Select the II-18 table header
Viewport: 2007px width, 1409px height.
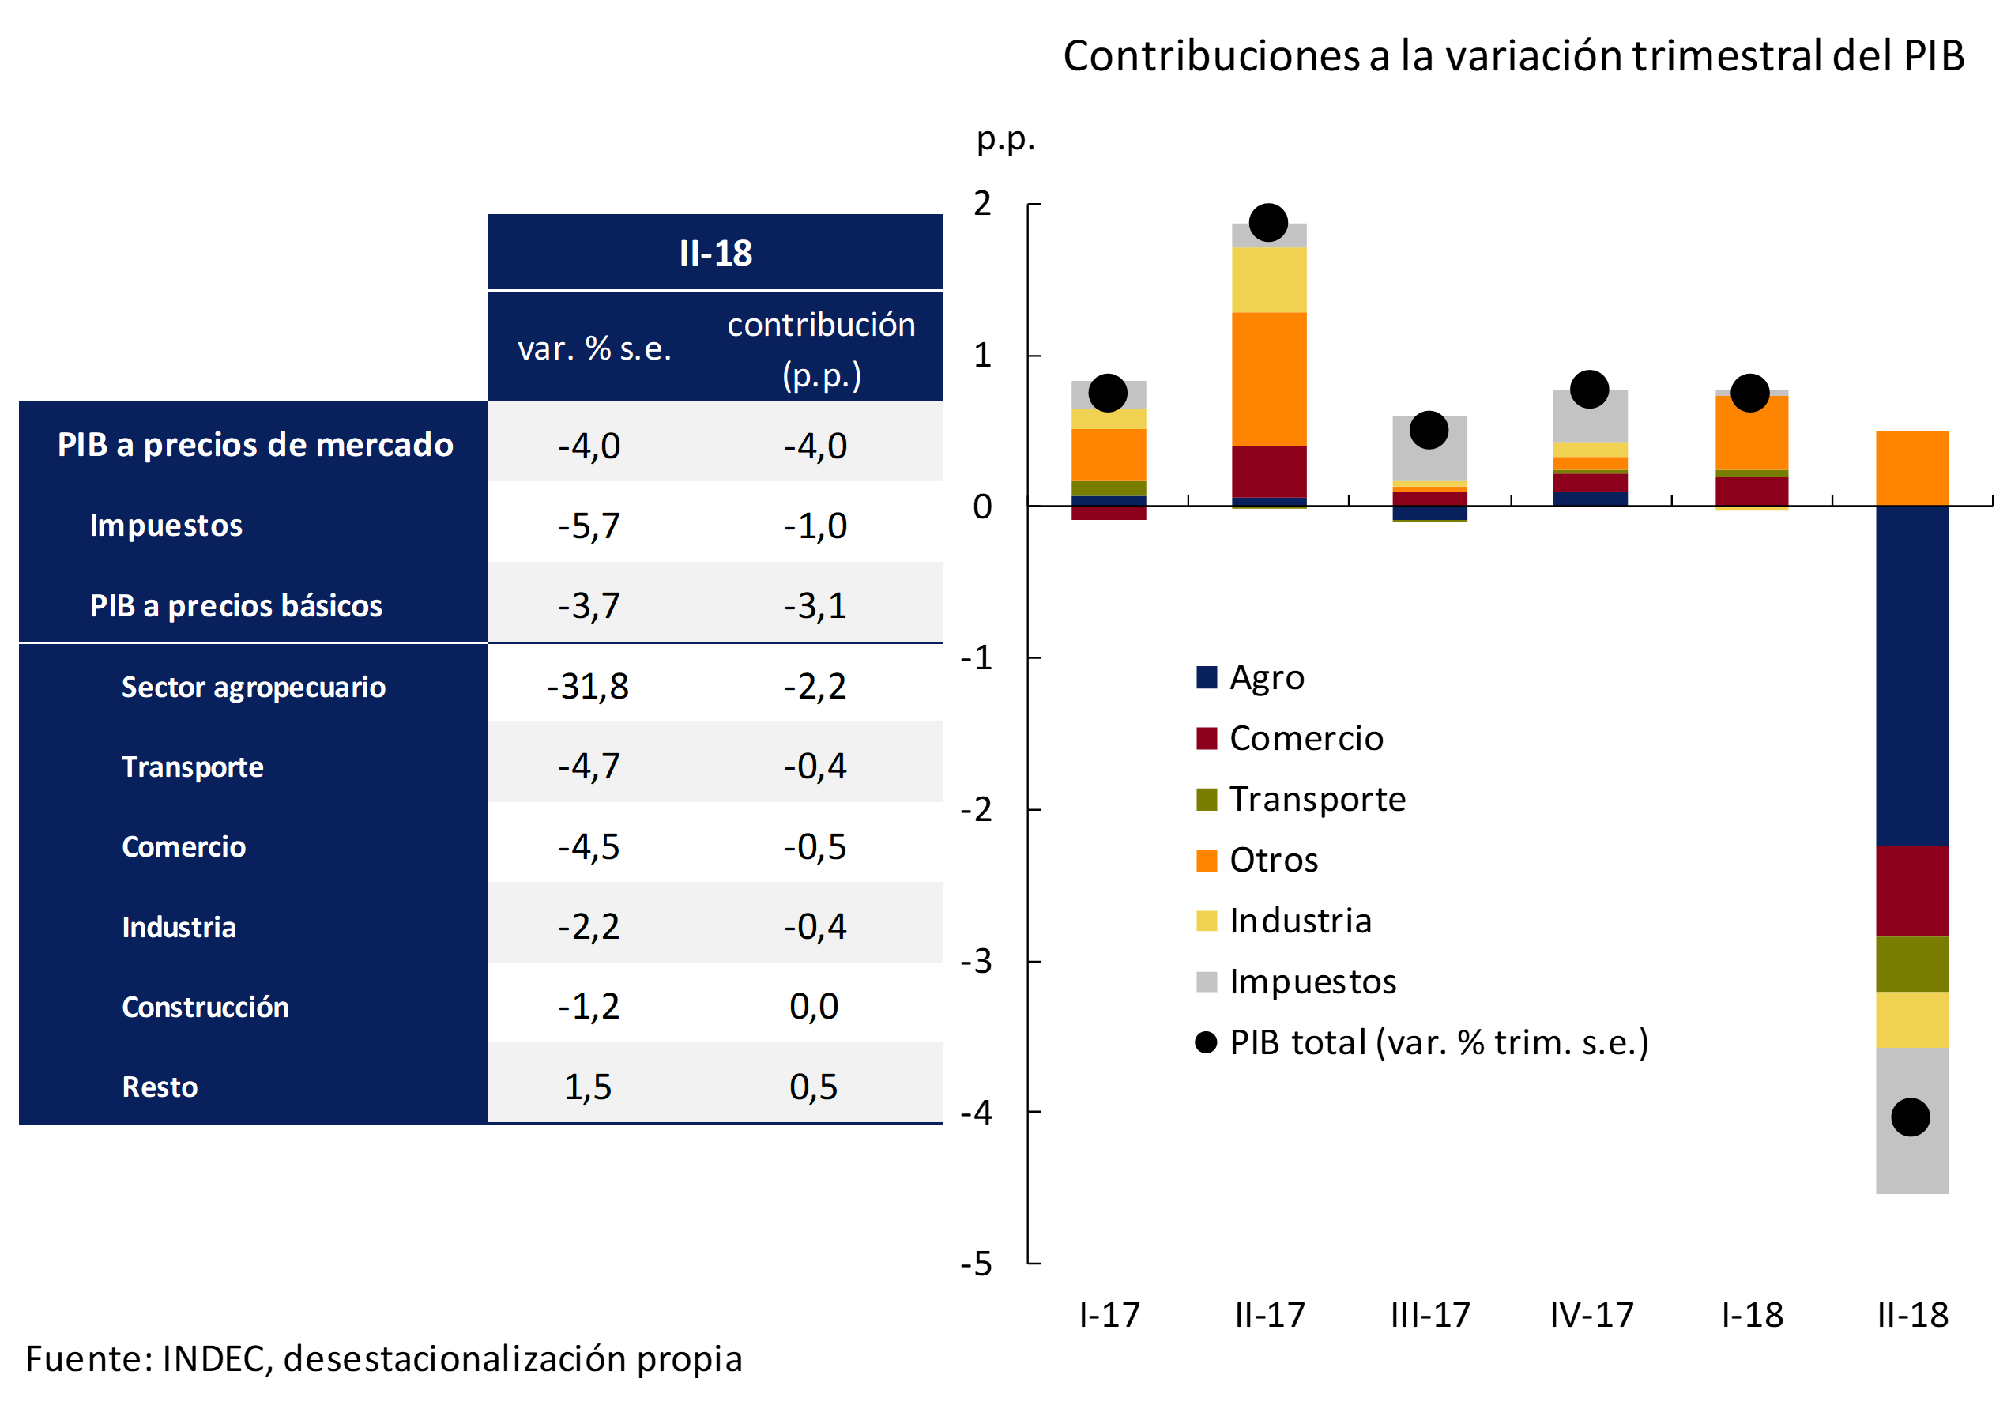[715, 254]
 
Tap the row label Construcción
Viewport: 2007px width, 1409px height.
[205, 1007]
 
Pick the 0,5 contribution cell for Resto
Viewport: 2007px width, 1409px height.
[813, 1087]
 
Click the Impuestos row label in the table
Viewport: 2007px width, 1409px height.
[166, 526]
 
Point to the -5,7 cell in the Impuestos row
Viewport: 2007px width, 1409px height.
[589, 526]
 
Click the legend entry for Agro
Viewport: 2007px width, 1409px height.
[1266, 678]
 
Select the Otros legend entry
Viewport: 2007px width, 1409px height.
[1273, 860]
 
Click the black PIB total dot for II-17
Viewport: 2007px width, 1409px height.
[1268, 223]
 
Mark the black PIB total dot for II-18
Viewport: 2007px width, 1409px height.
[1910, 1117]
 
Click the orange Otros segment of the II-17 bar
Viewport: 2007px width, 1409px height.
[1269, 379]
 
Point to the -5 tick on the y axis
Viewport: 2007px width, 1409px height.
[977, 1264]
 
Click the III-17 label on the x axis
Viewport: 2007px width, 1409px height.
[1431, 1316]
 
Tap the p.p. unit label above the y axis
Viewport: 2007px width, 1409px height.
[1005, 139]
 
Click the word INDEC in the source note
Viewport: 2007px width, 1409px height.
[216, 1359]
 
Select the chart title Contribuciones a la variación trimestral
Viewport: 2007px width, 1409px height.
[1513, 56]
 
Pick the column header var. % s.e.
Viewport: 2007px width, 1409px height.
[594, 348]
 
